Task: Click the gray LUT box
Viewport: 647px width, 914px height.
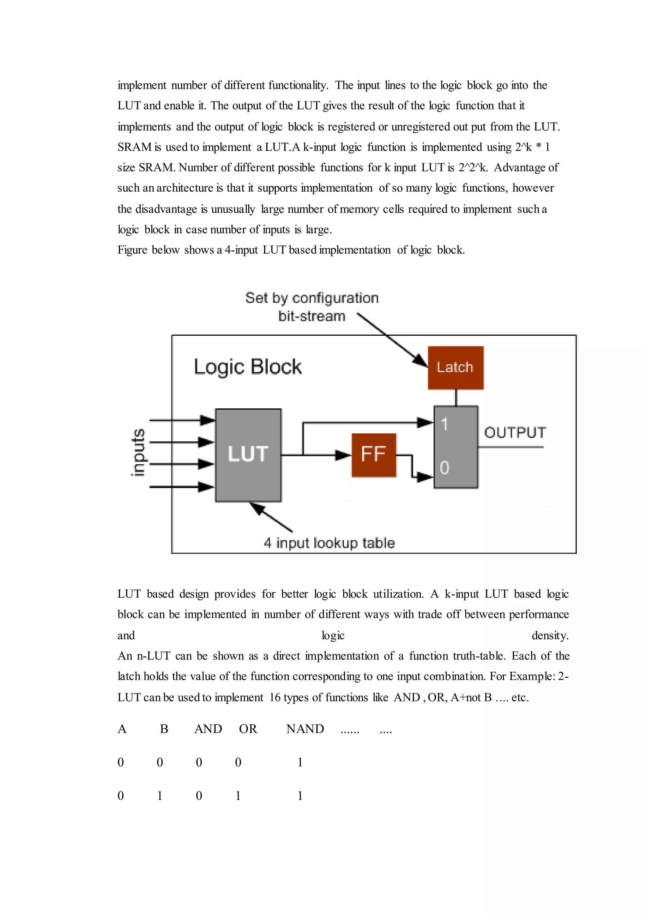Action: coord(248,455)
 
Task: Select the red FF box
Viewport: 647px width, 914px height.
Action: coord(373,455)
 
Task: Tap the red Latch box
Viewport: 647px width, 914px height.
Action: coord(455,367)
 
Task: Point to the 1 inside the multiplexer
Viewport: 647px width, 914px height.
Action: coord(444,424)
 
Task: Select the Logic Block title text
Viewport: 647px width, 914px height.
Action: coord(247,367)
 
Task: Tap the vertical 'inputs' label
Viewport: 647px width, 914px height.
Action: coord(138,452)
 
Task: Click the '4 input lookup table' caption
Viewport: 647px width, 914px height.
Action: coord(329,543)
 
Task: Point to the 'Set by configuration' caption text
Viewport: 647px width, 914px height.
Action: coord(311,298)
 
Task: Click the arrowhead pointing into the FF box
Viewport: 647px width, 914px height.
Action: coord(343,455)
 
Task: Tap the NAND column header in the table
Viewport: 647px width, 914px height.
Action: coord(305,729)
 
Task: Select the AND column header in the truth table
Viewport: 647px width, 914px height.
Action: coord(208,729)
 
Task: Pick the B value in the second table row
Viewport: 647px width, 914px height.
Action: coord(160,796)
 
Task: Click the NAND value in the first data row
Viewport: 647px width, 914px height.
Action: coord(300,762)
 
